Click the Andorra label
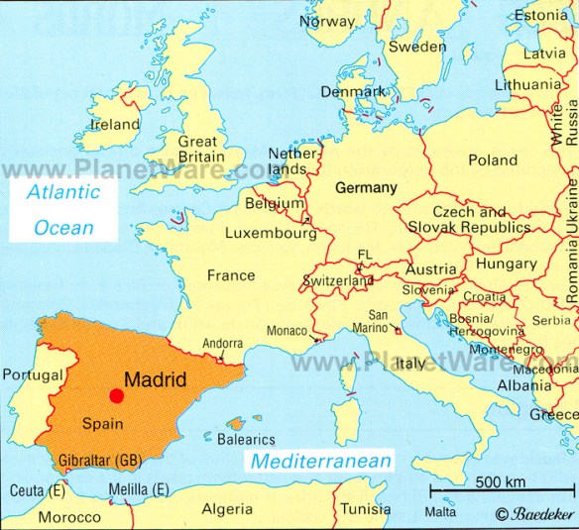click(221, 345)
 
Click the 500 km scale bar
click(500, 490)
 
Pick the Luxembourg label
click(270, 234)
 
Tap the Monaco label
click(287, 332)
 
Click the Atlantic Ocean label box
click(63, 209)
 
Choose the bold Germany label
click(366, 187)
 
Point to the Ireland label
click(115, 125)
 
